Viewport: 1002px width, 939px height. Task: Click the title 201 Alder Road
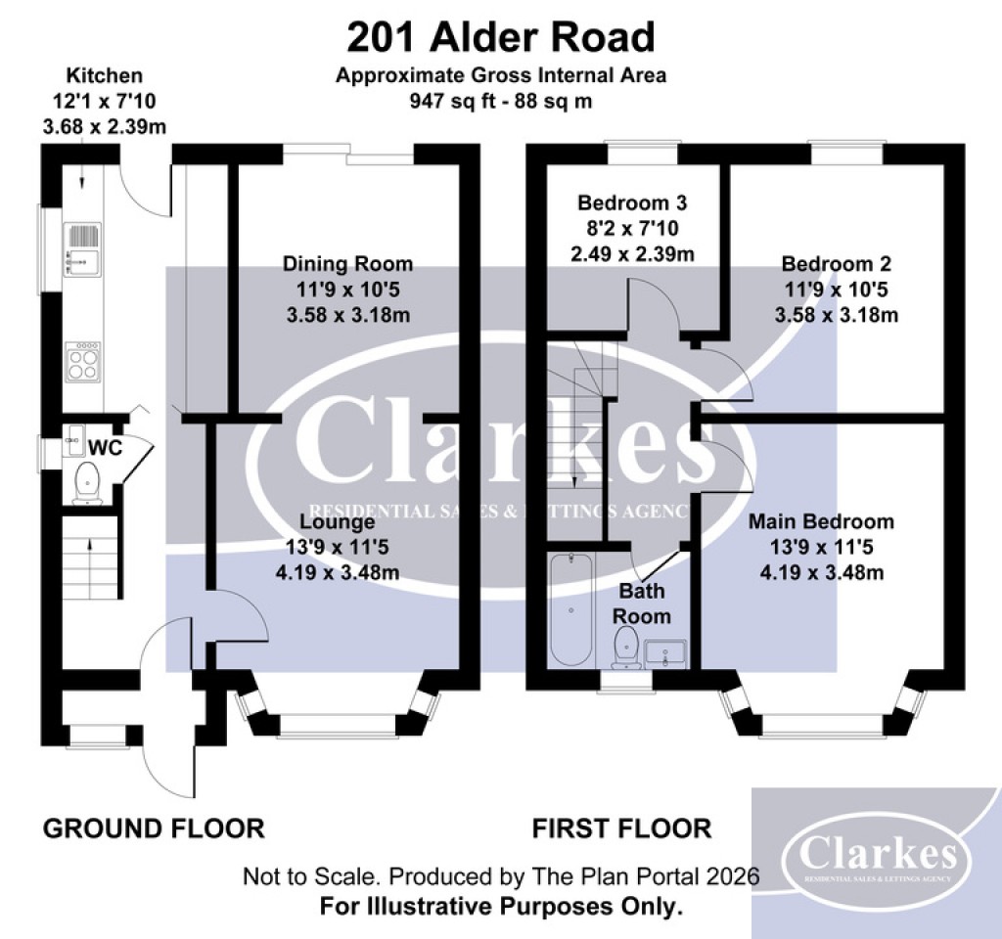[x=500, y=37]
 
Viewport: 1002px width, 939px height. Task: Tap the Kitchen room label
[x=104, y=75]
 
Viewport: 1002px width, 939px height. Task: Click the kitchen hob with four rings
[x=83, y=364]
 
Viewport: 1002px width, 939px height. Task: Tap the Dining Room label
[x=347, y=263]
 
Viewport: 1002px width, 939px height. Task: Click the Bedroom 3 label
[x=632, y=203]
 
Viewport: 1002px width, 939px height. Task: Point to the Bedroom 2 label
[x=836, y=263]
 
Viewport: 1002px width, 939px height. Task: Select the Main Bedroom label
[x=821, y=520]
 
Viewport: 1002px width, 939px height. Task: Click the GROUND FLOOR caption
[x=154, y=828]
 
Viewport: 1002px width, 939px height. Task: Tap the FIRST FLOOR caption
[x=621, y=828]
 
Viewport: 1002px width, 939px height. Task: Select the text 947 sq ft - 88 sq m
[x=500, y=101]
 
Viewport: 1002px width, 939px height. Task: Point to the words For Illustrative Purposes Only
[x=500, y=906]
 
